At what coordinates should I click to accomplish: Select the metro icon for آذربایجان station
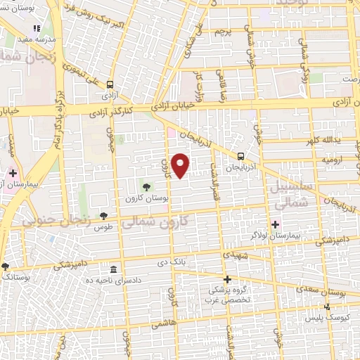click(241, 157)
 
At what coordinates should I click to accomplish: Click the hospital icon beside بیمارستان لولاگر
click(274, 223)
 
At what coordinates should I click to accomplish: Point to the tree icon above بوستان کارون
click(146, 187)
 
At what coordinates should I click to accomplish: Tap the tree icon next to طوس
click(104, 216)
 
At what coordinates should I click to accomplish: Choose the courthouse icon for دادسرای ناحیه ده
click(113, 270)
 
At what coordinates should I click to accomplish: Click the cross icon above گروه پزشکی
click(226, 279)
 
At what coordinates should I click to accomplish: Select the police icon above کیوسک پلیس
click(326, 307)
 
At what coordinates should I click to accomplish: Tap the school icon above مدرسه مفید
click(37, 27)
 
